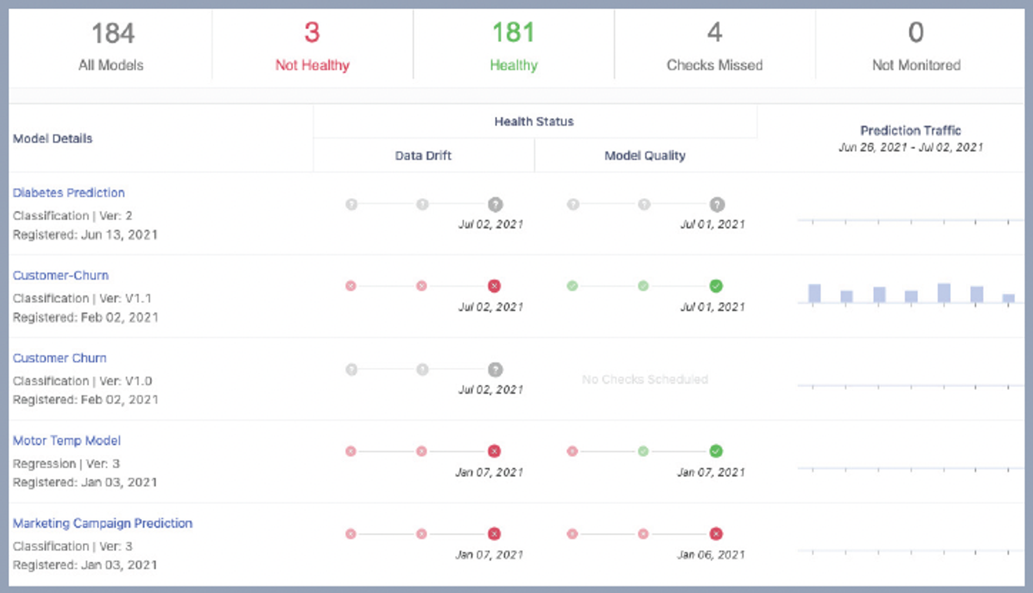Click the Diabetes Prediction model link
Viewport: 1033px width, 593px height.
(68, 193)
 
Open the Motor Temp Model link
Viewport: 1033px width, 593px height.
(67, 441)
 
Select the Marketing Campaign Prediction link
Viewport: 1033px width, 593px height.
(102, 524)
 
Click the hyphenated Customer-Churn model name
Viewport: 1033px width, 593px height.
(60, 276)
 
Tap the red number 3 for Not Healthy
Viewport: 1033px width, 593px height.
(312, 33)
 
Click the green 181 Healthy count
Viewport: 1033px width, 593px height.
(513, 33)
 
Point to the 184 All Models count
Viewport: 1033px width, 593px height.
(112, 34)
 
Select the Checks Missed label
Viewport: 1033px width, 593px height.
(714, 66)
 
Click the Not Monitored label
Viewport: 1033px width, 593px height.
(916, 66)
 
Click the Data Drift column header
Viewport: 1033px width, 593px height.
(423, 156)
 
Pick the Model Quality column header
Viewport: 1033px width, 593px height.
(645, 156)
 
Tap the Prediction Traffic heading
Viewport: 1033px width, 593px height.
(910, 131)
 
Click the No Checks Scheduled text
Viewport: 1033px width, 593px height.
(645, 380)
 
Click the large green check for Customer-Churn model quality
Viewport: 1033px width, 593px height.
(716, 286)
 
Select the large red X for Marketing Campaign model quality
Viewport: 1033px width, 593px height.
(716, 534)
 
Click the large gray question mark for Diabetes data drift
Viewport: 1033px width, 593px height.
(495, 204)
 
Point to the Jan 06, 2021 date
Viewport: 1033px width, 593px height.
(711, 555)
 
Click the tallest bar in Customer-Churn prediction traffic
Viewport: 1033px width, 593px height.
(944, 293)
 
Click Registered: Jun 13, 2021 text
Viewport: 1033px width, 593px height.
(85, 235)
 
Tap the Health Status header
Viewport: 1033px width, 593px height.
(534, 122)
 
